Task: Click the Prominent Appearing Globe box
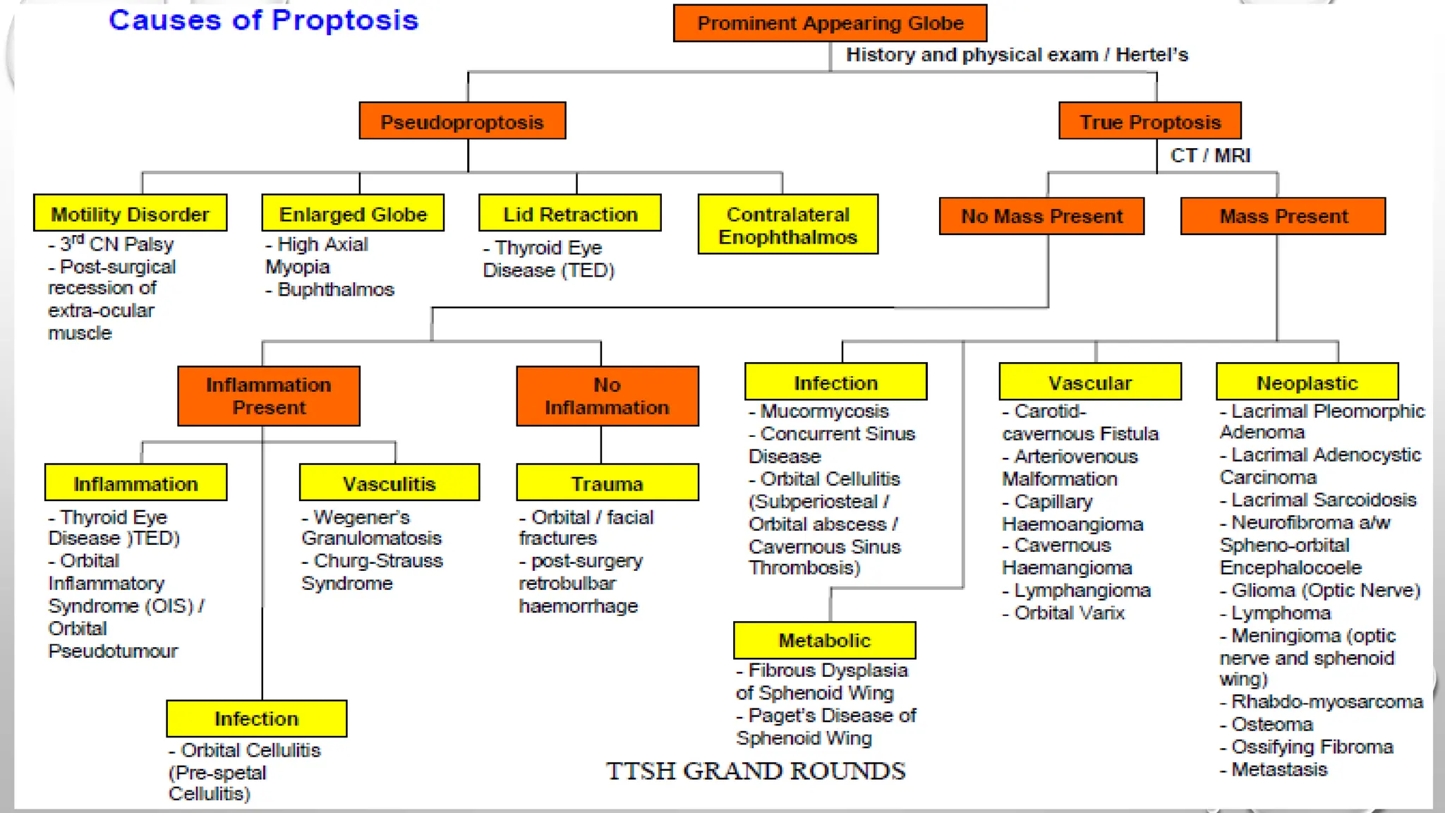pos(830,23)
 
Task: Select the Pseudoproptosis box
pos(462,121)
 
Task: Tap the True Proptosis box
pos(1149,121)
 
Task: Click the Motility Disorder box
pos(131,213)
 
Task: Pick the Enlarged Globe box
pos(353,213)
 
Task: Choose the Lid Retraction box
pos(570,213)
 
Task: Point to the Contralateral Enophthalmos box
pos(787,224)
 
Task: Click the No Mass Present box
pos(1041,216)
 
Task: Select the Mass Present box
pos(1283,216)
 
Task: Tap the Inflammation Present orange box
pos(269,396)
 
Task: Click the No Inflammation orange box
pos(607,396)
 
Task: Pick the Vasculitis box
pos(389,483)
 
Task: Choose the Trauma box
pos(607,483)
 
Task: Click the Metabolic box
pos(824,640)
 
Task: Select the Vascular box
pos(1089,382)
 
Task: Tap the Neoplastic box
pos(1307,382)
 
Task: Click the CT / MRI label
pos(1210,155)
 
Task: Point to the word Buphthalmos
pos(335,289)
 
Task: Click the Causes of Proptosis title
pos(263,20)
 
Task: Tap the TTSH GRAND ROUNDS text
pos(755,771)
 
